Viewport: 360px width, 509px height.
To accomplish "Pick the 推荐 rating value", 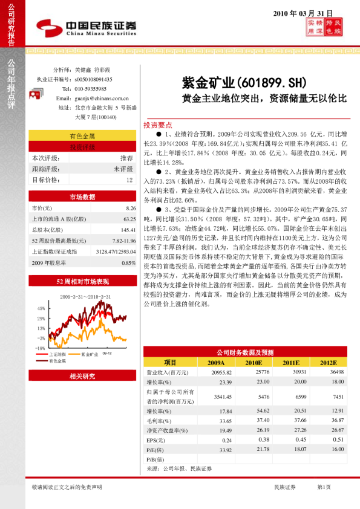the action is point(126,158).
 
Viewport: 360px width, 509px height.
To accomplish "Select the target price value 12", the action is point(129,180).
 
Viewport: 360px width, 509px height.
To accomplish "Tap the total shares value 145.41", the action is point(127,230).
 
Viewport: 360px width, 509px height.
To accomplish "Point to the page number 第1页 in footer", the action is point(324,487).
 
